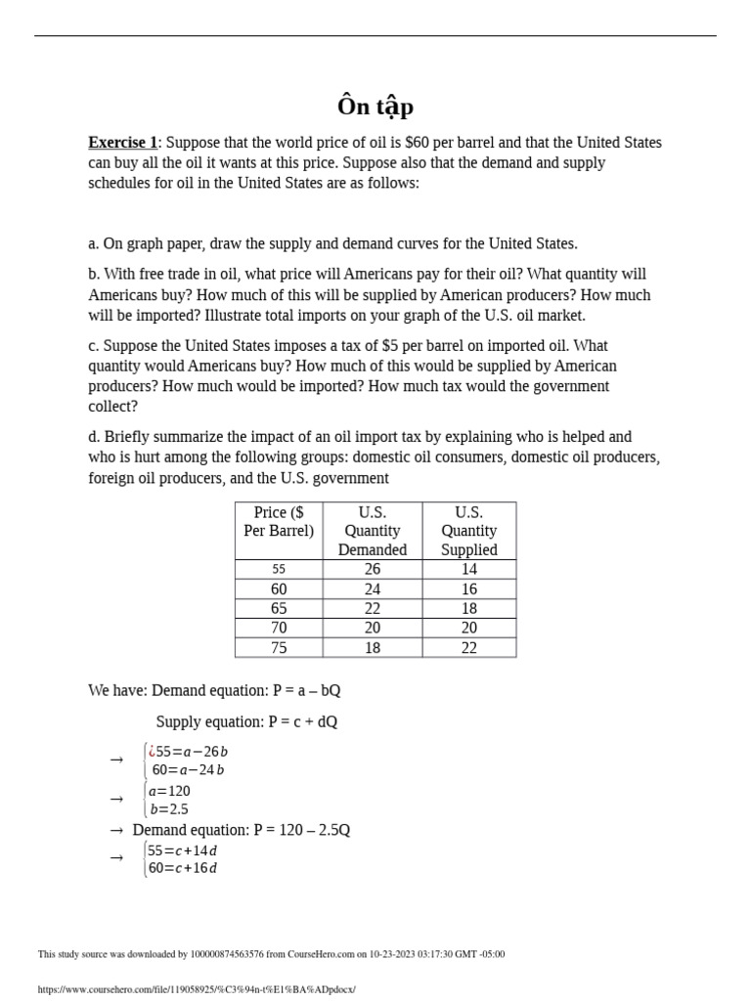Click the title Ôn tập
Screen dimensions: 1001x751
click(x=375, y=107)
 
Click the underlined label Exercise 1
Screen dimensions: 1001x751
click(x=122, y=143)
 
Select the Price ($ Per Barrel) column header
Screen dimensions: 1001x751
click(x=279, y=522)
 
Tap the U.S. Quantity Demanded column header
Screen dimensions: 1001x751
click(x=372, y=531)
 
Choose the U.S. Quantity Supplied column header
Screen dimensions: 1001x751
click(x=468, y=531)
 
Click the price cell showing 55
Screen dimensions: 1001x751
click(x=279, y=569)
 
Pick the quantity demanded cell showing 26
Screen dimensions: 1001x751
click(x=372, y=569)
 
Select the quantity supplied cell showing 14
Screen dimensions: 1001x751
click(x=468, y=569)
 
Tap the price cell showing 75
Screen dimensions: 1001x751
click(x=279, y=647)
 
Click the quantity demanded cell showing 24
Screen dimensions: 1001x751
click(x=372, y=588)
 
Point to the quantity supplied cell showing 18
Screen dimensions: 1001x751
click(x=468, y=608)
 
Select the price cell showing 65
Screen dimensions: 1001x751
click(x=279, y=608)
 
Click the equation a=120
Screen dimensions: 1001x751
click(x=169, y=791)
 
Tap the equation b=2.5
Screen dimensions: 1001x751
click(x=168, y=809)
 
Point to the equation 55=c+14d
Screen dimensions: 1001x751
click(x=182, y=849)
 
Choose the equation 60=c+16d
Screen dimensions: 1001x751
click(x=182, y=868)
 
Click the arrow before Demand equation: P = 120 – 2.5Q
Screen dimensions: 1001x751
click(x=116, y=830)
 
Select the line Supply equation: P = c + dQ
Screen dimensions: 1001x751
click(x=246, y=721)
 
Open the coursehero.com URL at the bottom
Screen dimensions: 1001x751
click(x=197, y=989)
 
